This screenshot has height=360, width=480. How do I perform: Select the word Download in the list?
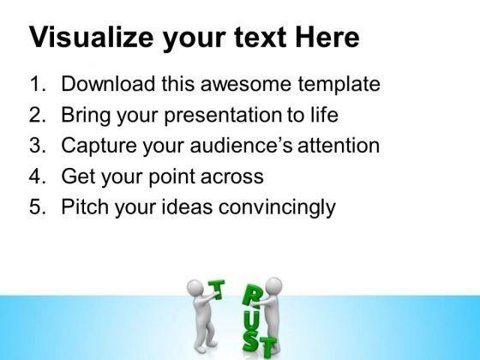point(108,84)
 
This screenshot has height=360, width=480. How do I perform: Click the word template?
point(339,85)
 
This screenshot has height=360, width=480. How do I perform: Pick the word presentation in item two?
point(223,116)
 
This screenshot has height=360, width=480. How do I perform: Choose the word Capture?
point(99,146)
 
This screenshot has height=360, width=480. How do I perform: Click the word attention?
point(339,146)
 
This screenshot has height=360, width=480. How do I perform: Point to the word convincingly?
point(277,207)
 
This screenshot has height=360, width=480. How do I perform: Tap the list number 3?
point(38,145)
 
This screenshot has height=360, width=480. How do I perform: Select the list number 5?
point(38,207)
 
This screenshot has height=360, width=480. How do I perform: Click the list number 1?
point(38,84)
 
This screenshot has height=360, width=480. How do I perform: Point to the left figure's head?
point(195,287)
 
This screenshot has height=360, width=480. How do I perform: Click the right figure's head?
point(273,285)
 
